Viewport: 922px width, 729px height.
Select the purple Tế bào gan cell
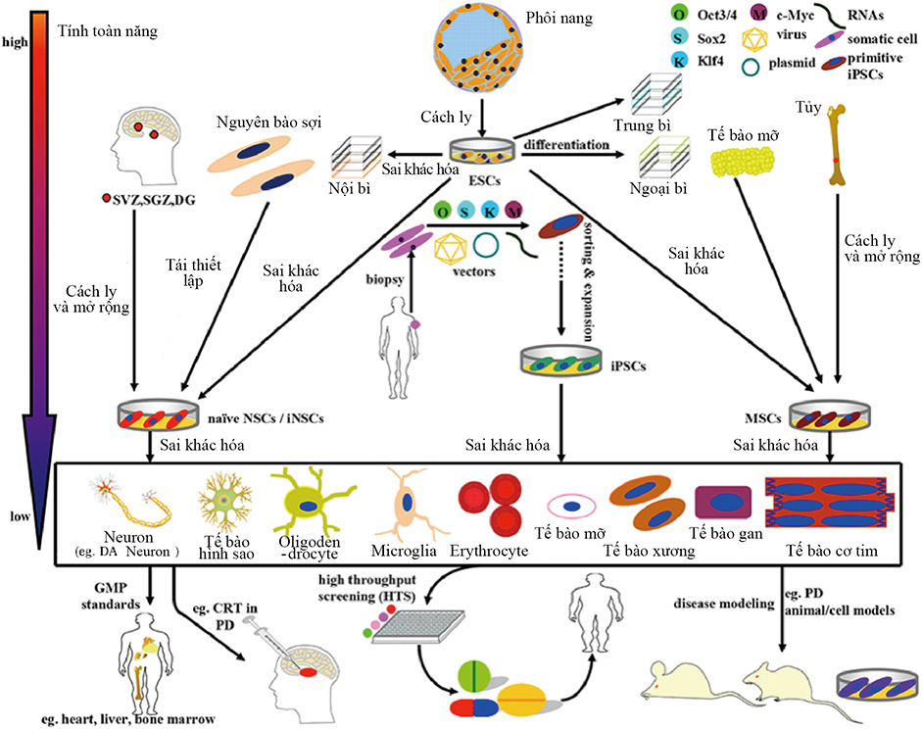722,503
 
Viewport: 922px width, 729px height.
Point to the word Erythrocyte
488,553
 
